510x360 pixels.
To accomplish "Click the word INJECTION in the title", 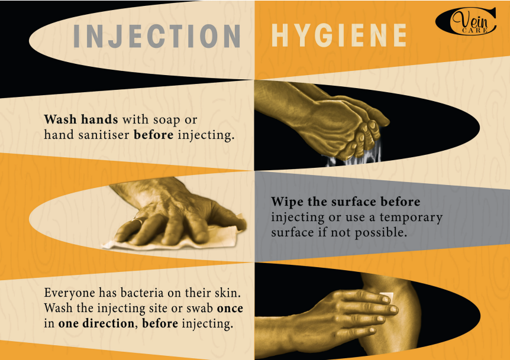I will (157, 36).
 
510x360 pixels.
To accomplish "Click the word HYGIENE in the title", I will (339, 36).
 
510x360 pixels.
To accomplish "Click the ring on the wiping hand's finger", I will (137, 222).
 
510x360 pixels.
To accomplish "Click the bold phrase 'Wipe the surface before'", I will (346, 202).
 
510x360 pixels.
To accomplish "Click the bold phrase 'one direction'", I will (96, 323).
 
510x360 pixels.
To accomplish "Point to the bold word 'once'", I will (230, 308).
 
